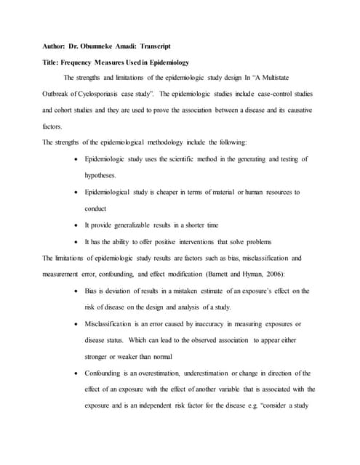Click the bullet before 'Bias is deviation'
77,291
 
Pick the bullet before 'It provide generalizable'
77,225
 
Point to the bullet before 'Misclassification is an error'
77,323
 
